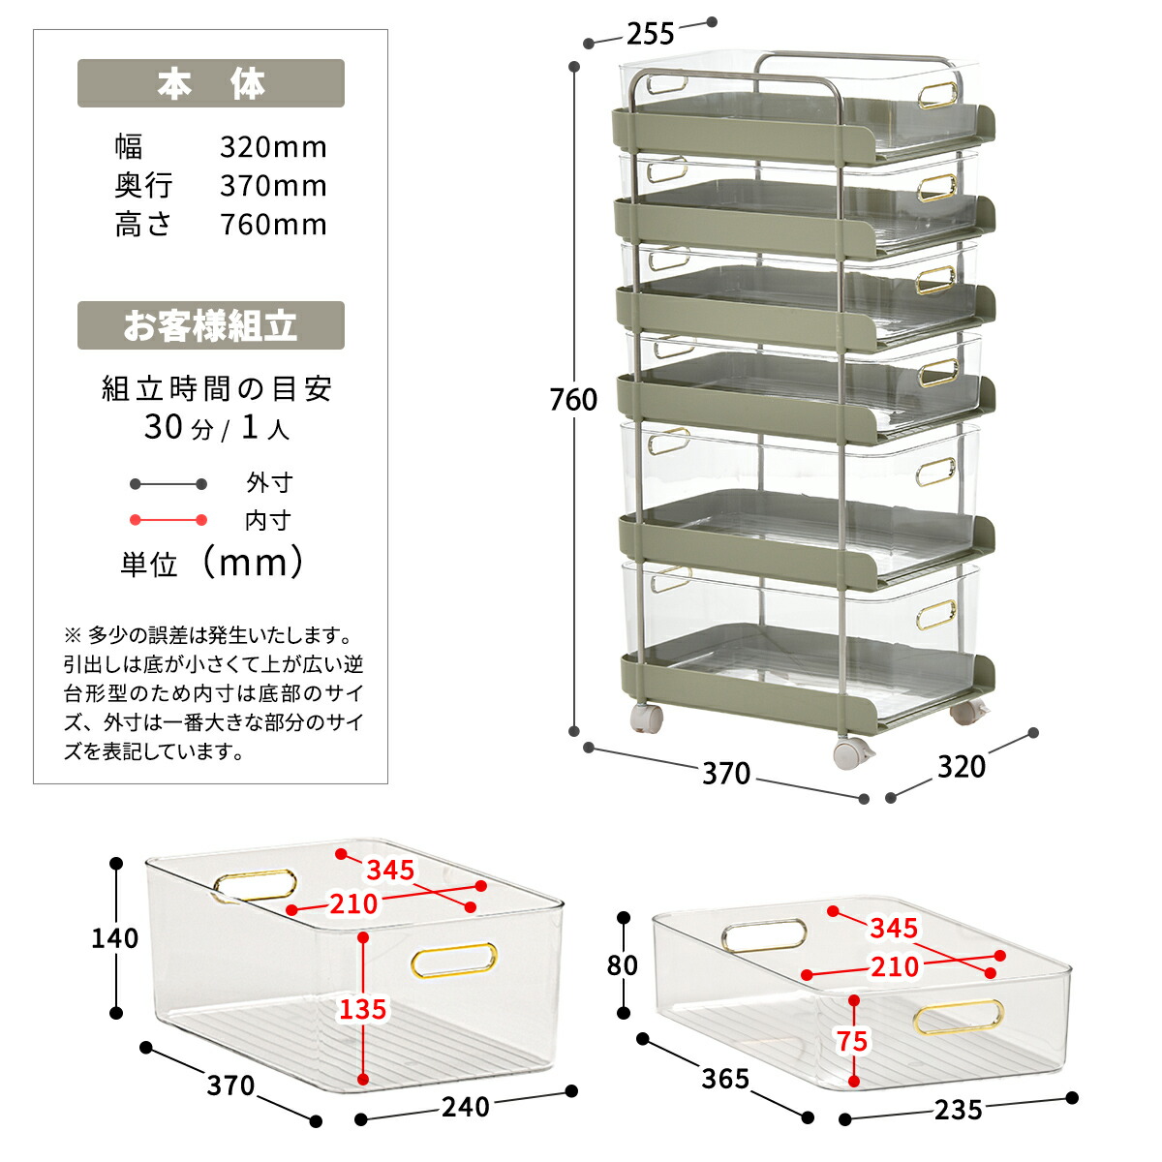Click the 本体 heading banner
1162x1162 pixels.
(x=210, y=84)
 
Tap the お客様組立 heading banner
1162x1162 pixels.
(x=210, y=325)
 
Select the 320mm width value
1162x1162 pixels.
(x=273, y=147)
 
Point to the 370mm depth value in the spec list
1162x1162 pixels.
(x=273, y=186)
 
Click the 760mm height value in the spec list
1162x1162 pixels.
(x=273, y=225)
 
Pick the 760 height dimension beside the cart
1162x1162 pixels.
(x=573, y=399)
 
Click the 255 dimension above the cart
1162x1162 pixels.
(x=650, y=34)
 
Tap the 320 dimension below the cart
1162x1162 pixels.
(x=961, y=767)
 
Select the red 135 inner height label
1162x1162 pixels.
(x=362, y=1009)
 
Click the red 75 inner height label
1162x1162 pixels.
(x=852, y=1042)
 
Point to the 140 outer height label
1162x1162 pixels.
(x=114, y=937)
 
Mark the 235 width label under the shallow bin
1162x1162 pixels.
(x=958, y=1110)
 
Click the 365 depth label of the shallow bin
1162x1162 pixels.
(x=725, y=1078)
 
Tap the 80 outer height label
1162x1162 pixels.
(x=622, y=965)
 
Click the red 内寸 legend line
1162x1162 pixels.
(x=168, y=520)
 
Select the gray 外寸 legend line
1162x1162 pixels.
(x=168, y=483)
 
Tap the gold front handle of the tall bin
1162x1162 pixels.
(x=454, y=961)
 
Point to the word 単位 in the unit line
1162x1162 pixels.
(x=148, y=565)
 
